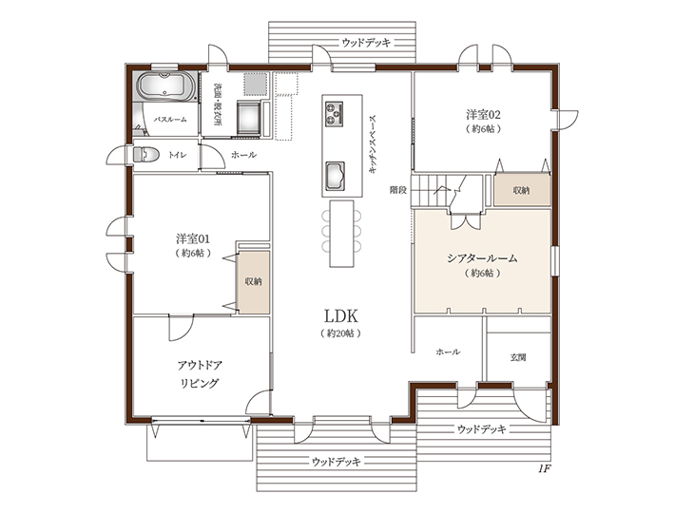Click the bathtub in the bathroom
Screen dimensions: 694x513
tap(166, 85)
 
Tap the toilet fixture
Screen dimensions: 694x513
tap(146, 155)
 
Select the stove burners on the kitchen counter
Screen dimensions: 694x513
tap(334, 113)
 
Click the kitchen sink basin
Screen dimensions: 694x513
tap(335, 176)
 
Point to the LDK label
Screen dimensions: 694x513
tap(340, 316)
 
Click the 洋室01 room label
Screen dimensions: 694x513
tap(193, 239)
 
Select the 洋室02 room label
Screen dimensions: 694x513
tap(483, 115)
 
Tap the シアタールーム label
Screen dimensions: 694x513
tap(482, 258)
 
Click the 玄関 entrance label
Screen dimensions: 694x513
tap(518, 357)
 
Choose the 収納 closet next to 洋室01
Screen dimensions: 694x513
tap(254, 282)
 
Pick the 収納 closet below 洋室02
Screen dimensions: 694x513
tap(522, 190)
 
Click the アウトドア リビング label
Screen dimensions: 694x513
tap(200, 374)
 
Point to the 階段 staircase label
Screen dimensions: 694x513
tap(398, 190)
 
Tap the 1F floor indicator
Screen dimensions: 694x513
tap(545, 468)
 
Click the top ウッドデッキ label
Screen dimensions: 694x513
tap(366, 43)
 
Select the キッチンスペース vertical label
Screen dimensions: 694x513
tap(372, 143)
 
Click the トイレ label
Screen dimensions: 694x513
tap(177, 155)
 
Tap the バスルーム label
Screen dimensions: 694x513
tap(170, 120)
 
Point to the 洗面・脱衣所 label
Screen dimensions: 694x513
tap(218, 104)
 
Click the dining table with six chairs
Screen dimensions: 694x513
tap(341, 233)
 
